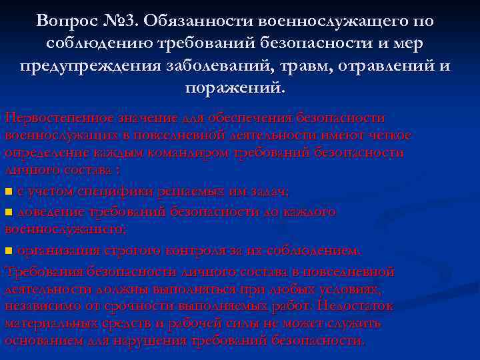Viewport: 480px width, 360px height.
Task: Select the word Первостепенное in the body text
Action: [63, 117]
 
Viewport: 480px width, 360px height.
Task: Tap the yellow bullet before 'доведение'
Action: [9, 212]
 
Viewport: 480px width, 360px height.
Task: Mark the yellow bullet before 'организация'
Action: [9, 251]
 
